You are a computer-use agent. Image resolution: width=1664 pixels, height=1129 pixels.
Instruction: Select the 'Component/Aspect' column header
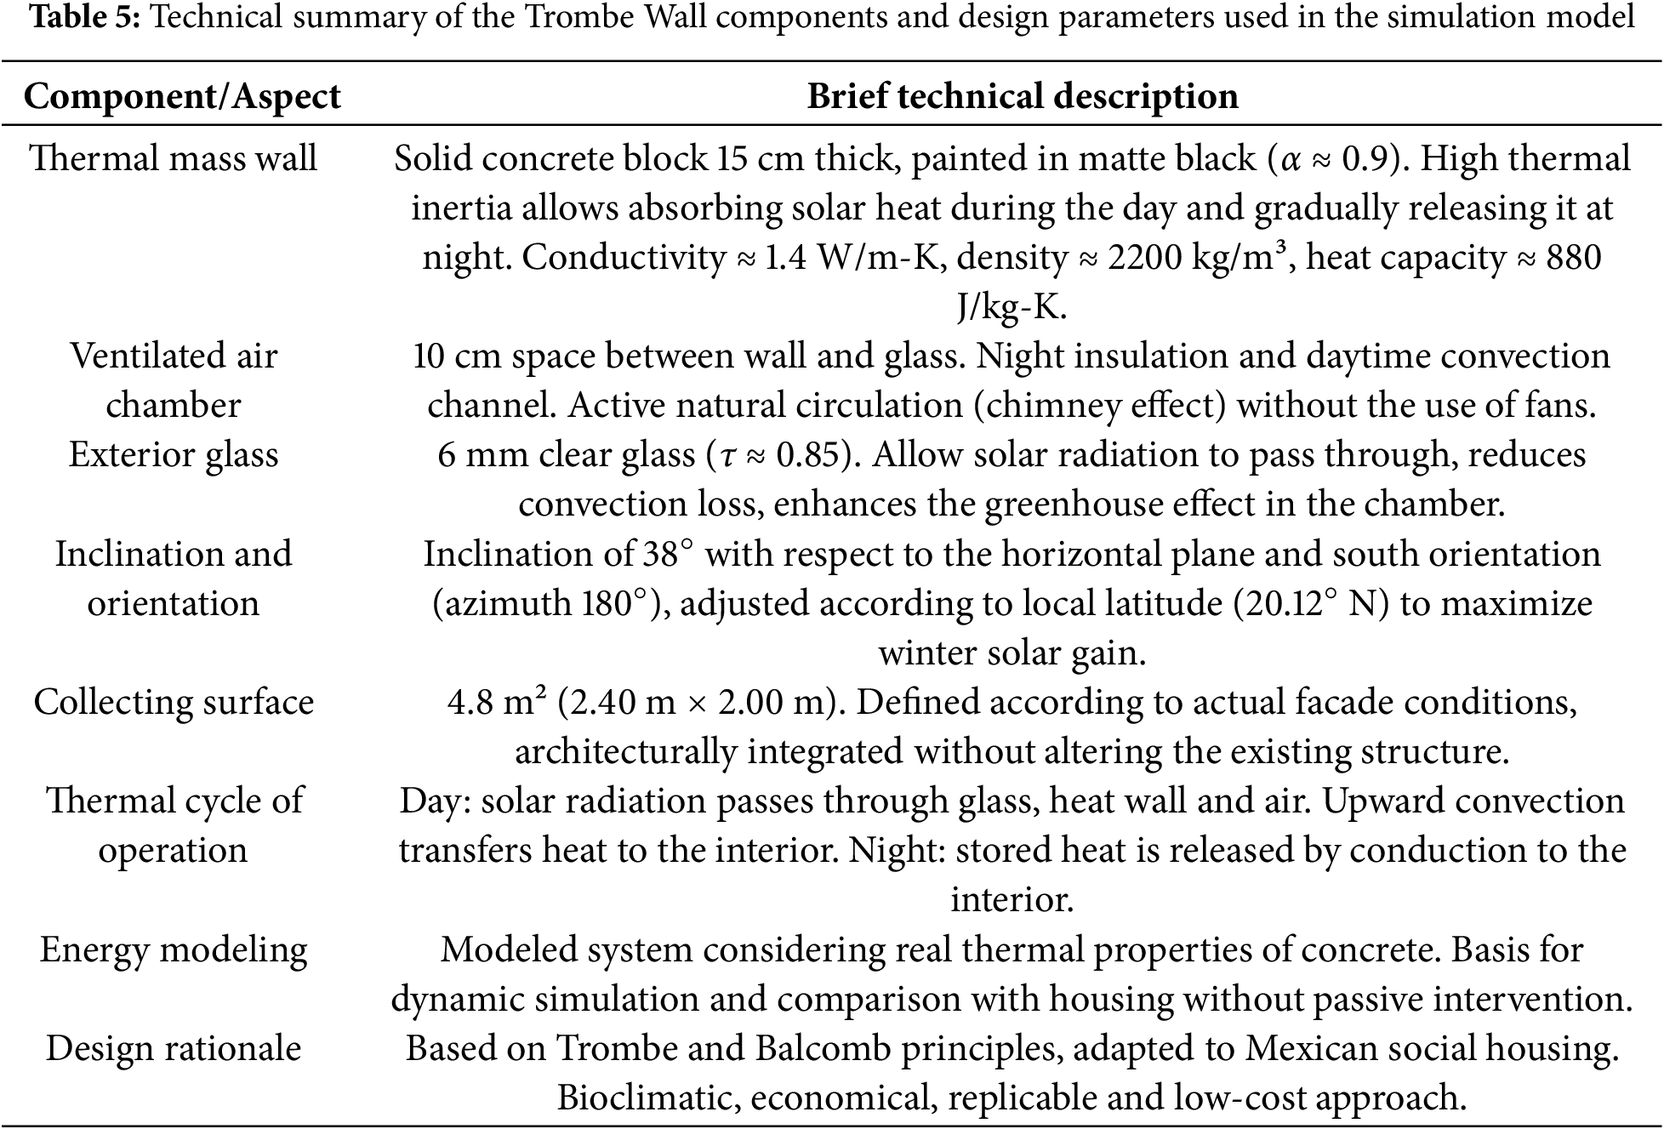[182, 96]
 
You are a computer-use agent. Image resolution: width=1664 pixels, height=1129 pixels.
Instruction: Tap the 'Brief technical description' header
[1022, 96]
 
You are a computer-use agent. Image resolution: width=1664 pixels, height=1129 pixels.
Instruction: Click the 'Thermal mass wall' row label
[174, 159]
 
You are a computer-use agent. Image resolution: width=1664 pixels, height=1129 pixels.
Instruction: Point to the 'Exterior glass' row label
[174, 455]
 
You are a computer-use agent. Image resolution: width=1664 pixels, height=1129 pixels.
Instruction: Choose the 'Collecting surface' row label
[174, 703]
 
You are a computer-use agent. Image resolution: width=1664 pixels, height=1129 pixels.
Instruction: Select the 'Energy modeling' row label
[174, 949]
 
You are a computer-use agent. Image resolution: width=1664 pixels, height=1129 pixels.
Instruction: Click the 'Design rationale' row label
[174, 1048]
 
